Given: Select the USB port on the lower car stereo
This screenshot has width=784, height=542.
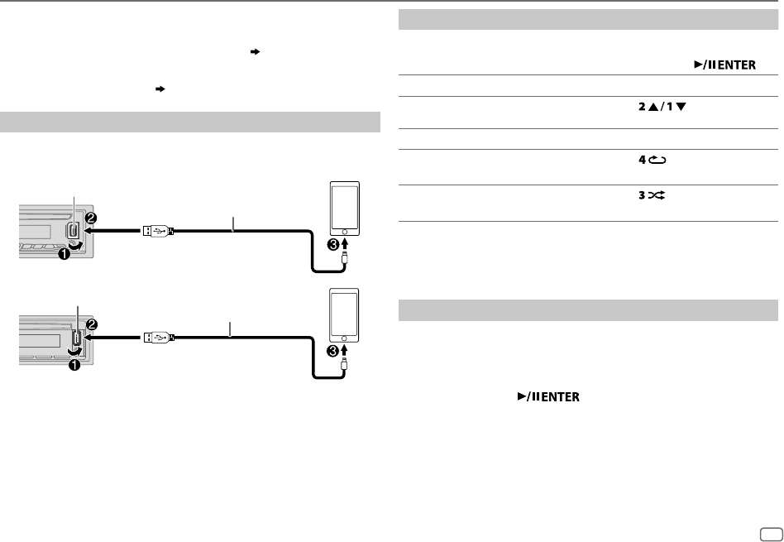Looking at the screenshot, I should pos(75,338).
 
